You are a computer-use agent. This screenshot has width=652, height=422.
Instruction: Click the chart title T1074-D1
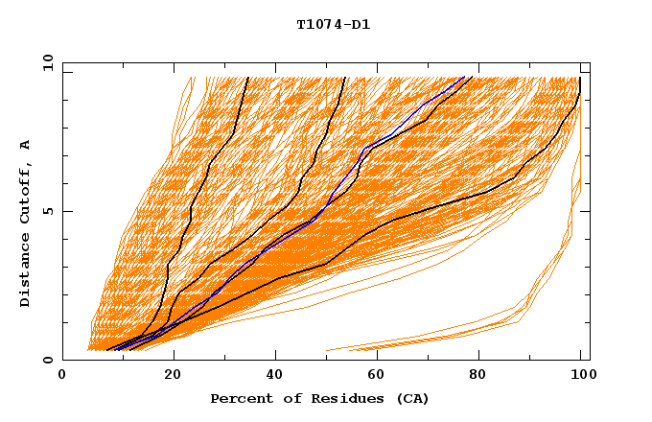(x=333, y=25)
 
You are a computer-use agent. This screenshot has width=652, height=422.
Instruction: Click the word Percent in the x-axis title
(x=237, y=398)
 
